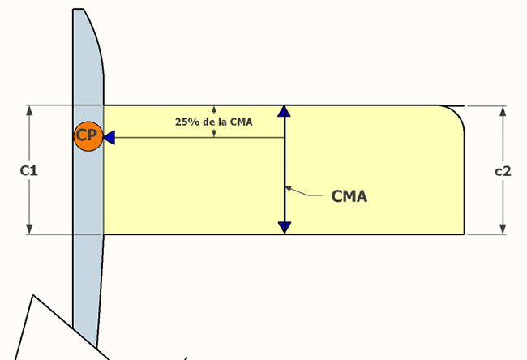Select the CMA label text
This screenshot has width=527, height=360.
pyautogui.click(x=349, y=195)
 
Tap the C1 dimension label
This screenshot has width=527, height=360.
pyautogui.click(x=28, y=171)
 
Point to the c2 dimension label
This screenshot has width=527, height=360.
pyautogui.click(x=503, y=171)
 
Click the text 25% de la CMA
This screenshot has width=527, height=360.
pyautogui.click(x=214, y=122)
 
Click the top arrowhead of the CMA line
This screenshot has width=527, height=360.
pyautogui.click(x=284, y=112)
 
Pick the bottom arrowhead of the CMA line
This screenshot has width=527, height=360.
pyautogui.click(x=284, y=227)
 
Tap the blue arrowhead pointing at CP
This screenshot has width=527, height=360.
pyautogui.click(x=109, y=138)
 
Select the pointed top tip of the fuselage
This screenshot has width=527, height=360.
pyautogui.click(x=79, y=11)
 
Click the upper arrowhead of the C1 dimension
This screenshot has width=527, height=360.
pyautogui.click(x=29, y=110)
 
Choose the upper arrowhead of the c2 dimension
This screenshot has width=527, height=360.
pyautogui.click(x=503, y=110)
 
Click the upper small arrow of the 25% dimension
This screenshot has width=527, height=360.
pyautogui.click(x=214, y=109)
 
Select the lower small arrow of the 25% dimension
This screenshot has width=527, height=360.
pyautogui.click(x=214, y=134)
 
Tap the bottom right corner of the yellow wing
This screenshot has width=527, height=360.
pyautogui.click(x=463, y=234)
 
